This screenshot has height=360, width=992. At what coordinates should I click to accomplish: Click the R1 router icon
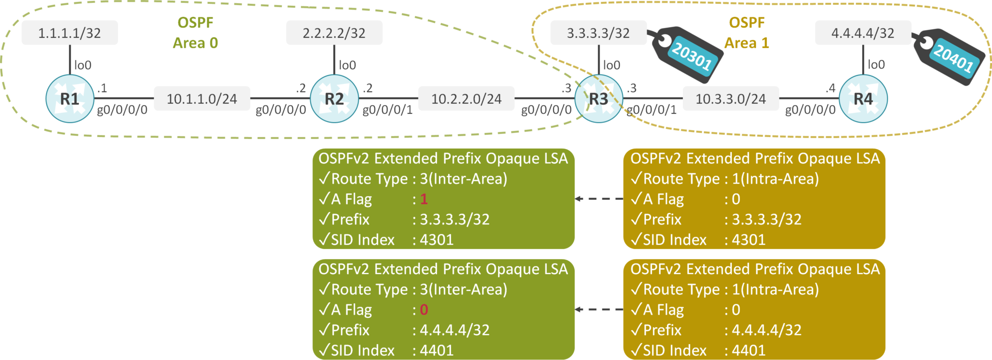tap(70, 99)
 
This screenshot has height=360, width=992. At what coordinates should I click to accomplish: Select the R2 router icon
tap(334, 99)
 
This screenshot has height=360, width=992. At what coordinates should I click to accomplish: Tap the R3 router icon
tap(599, 99)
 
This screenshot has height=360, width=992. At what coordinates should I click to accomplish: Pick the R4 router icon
tap(863, 99)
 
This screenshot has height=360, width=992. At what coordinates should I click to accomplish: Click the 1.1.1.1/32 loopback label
tap(70, 33)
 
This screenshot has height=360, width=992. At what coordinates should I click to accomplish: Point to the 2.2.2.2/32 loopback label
tap(334, 33)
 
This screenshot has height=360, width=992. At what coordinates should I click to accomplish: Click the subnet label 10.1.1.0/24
tap(202, 99)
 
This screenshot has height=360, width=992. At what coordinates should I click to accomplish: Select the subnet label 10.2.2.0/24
tap(466, 99)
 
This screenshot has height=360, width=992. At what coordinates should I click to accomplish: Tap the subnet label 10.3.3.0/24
tap(731, 99)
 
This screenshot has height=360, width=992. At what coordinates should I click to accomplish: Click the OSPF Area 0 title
tap(196, 33)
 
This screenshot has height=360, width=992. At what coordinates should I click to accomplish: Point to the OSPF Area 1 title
tap(746, 33)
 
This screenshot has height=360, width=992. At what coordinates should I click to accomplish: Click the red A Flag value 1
tap(424, 199)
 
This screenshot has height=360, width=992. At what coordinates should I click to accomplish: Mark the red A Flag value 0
tap(424, 310)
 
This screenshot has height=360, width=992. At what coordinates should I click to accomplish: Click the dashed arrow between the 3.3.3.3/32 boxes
tap(599, 199)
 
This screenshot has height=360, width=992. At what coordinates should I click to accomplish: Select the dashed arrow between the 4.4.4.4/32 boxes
tap(599, 309)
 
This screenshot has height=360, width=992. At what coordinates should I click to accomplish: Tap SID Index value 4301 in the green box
tap(436, 240)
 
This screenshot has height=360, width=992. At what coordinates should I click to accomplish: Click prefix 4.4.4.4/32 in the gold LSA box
tap(766, 330)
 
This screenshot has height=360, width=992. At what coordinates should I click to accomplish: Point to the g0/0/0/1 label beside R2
tap(387, 110)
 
